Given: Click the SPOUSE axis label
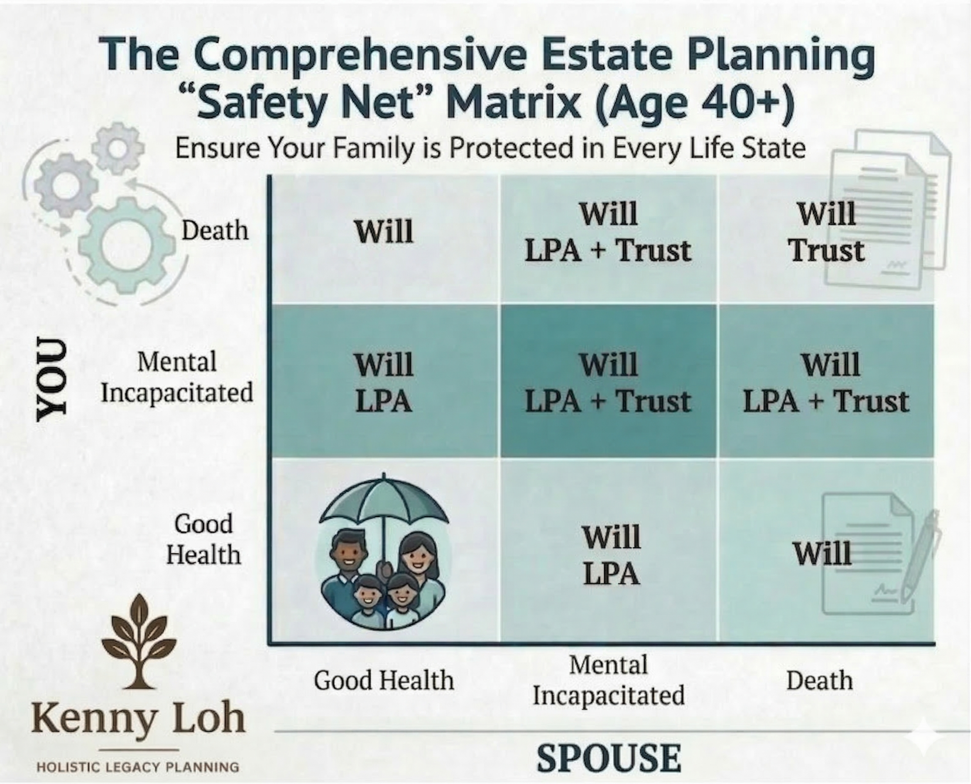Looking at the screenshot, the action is [x=609, y=758].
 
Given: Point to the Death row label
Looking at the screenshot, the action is [x=215, y=231].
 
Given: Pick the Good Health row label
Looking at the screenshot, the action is [x=203, y=539].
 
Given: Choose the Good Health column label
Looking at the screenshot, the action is [x=384, y=680].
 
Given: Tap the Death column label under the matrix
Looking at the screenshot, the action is [x=819, y=680].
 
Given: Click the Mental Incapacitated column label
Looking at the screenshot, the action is [x=608, y=680].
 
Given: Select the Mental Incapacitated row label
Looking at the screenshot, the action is [x=177, y=377].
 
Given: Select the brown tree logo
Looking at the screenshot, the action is [x=139, y=642].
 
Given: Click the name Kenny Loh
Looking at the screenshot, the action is [x=138, y=719].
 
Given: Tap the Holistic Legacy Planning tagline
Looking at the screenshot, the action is [x=138, y=767].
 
